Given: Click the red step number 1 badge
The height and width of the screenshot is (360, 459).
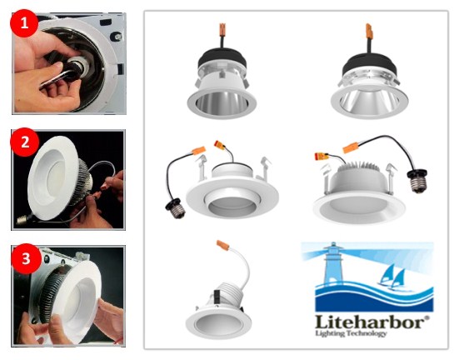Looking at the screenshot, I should pos(25,25).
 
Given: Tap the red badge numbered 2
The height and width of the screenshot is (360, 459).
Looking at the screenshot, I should pos(25,142).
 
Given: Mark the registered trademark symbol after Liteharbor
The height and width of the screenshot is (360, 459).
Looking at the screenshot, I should pos(429,316).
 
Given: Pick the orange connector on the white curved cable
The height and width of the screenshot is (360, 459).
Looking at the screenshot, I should pos(222,247).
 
